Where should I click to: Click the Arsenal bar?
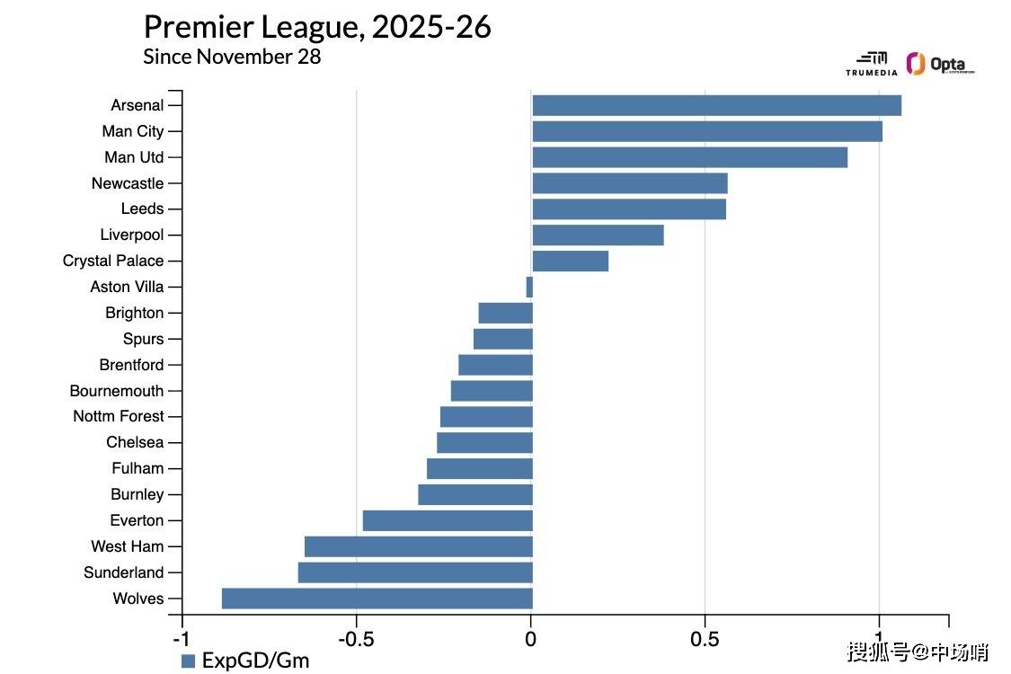pyautogui.click(x=716, y=105)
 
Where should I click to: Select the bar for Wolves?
pyautogui.click(x=377, y=599)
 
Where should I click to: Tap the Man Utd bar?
pyautogui.click(x=689, y=157)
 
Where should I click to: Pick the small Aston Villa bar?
pyautogui.click(x=529, y=287)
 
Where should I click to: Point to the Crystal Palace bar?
pyautogui.click(x=570, y=261)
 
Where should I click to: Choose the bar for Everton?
pyautogui.click(x=448, y=520)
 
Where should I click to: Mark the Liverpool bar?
pyautogui.click(x=598, y=235)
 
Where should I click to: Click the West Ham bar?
pyautogui.click(x=418, y=546)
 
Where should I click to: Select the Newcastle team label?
pyautogui.click(x=128, y=183)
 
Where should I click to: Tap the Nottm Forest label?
pyautogui.click(x=119, y=416)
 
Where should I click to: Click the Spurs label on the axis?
pyautogui.click(x=143, y=339)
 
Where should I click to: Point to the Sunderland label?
pyautogui.click(x=124, y=572)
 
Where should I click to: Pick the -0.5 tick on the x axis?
pyautogui.click(x=356, y=639)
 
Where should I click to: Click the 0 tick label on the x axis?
pyautogui.click(x=531, y=639)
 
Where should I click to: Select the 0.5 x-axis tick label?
pyautogui.click(x=705, y=639)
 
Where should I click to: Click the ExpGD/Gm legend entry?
pyautogui.click(x=244, y=661)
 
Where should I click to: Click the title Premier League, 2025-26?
pyautogui.click(x=317, y=27)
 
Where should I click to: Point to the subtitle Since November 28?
pyautogui.click(x=232, y=56)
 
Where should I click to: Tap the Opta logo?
pyautogui.click(x=940, y=65)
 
